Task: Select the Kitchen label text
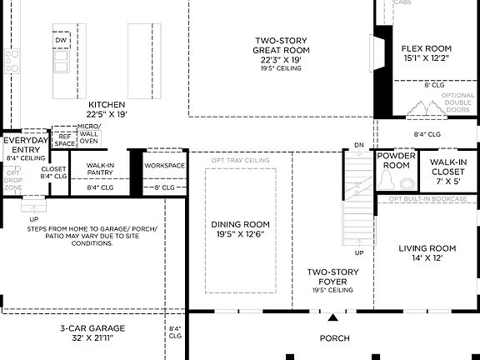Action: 107,109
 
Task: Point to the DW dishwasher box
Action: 61,40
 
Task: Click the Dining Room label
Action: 240,230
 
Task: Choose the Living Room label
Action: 427,253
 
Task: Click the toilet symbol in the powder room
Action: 406,183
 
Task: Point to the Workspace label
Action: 164,165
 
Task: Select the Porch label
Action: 335,338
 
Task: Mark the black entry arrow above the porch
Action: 333,317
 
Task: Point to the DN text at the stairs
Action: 359,145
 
